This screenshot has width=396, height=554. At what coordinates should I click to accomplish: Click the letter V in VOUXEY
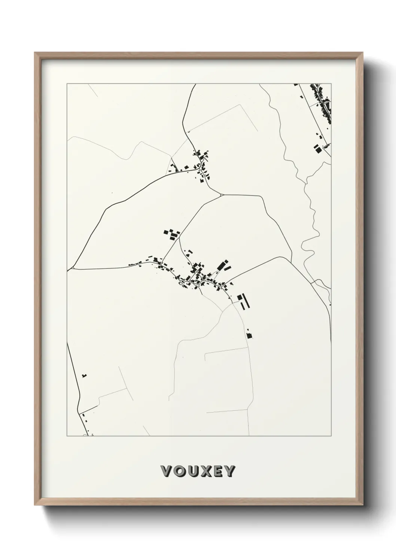(166, 471)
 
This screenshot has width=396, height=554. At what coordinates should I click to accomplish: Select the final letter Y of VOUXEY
(230, 471)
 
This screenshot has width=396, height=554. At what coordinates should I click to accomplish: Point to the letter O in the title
(179, 471)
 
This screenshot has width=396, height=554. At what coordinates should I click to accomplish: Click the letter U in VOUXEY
(192, 471)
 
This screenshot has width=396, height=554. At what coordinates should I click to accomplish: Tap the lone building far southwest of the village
(85, 375)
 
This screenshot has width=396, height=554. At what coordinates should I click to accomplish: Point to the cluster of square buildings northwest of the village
(171, 235)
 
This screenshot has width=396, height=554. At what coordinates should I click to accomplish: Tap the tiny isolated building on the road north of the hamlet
(189, 132)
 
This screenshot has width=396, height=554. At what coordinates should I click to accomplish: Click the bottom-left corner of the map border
(67, 436)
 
